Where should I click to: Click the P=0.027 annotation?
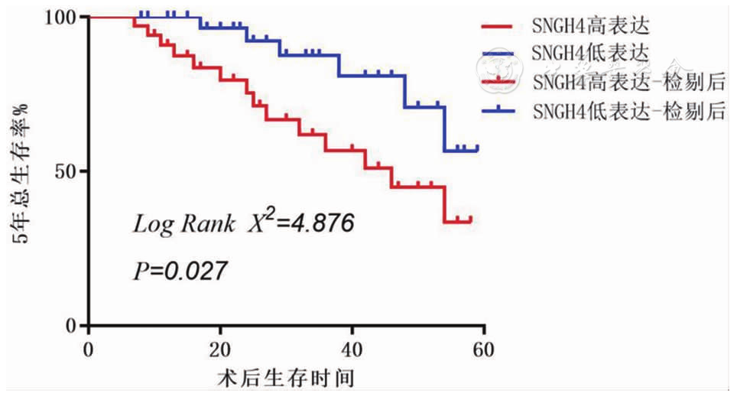click(x=180, y=270)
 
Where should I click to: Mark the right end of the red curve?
click(x=471, y=220)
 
